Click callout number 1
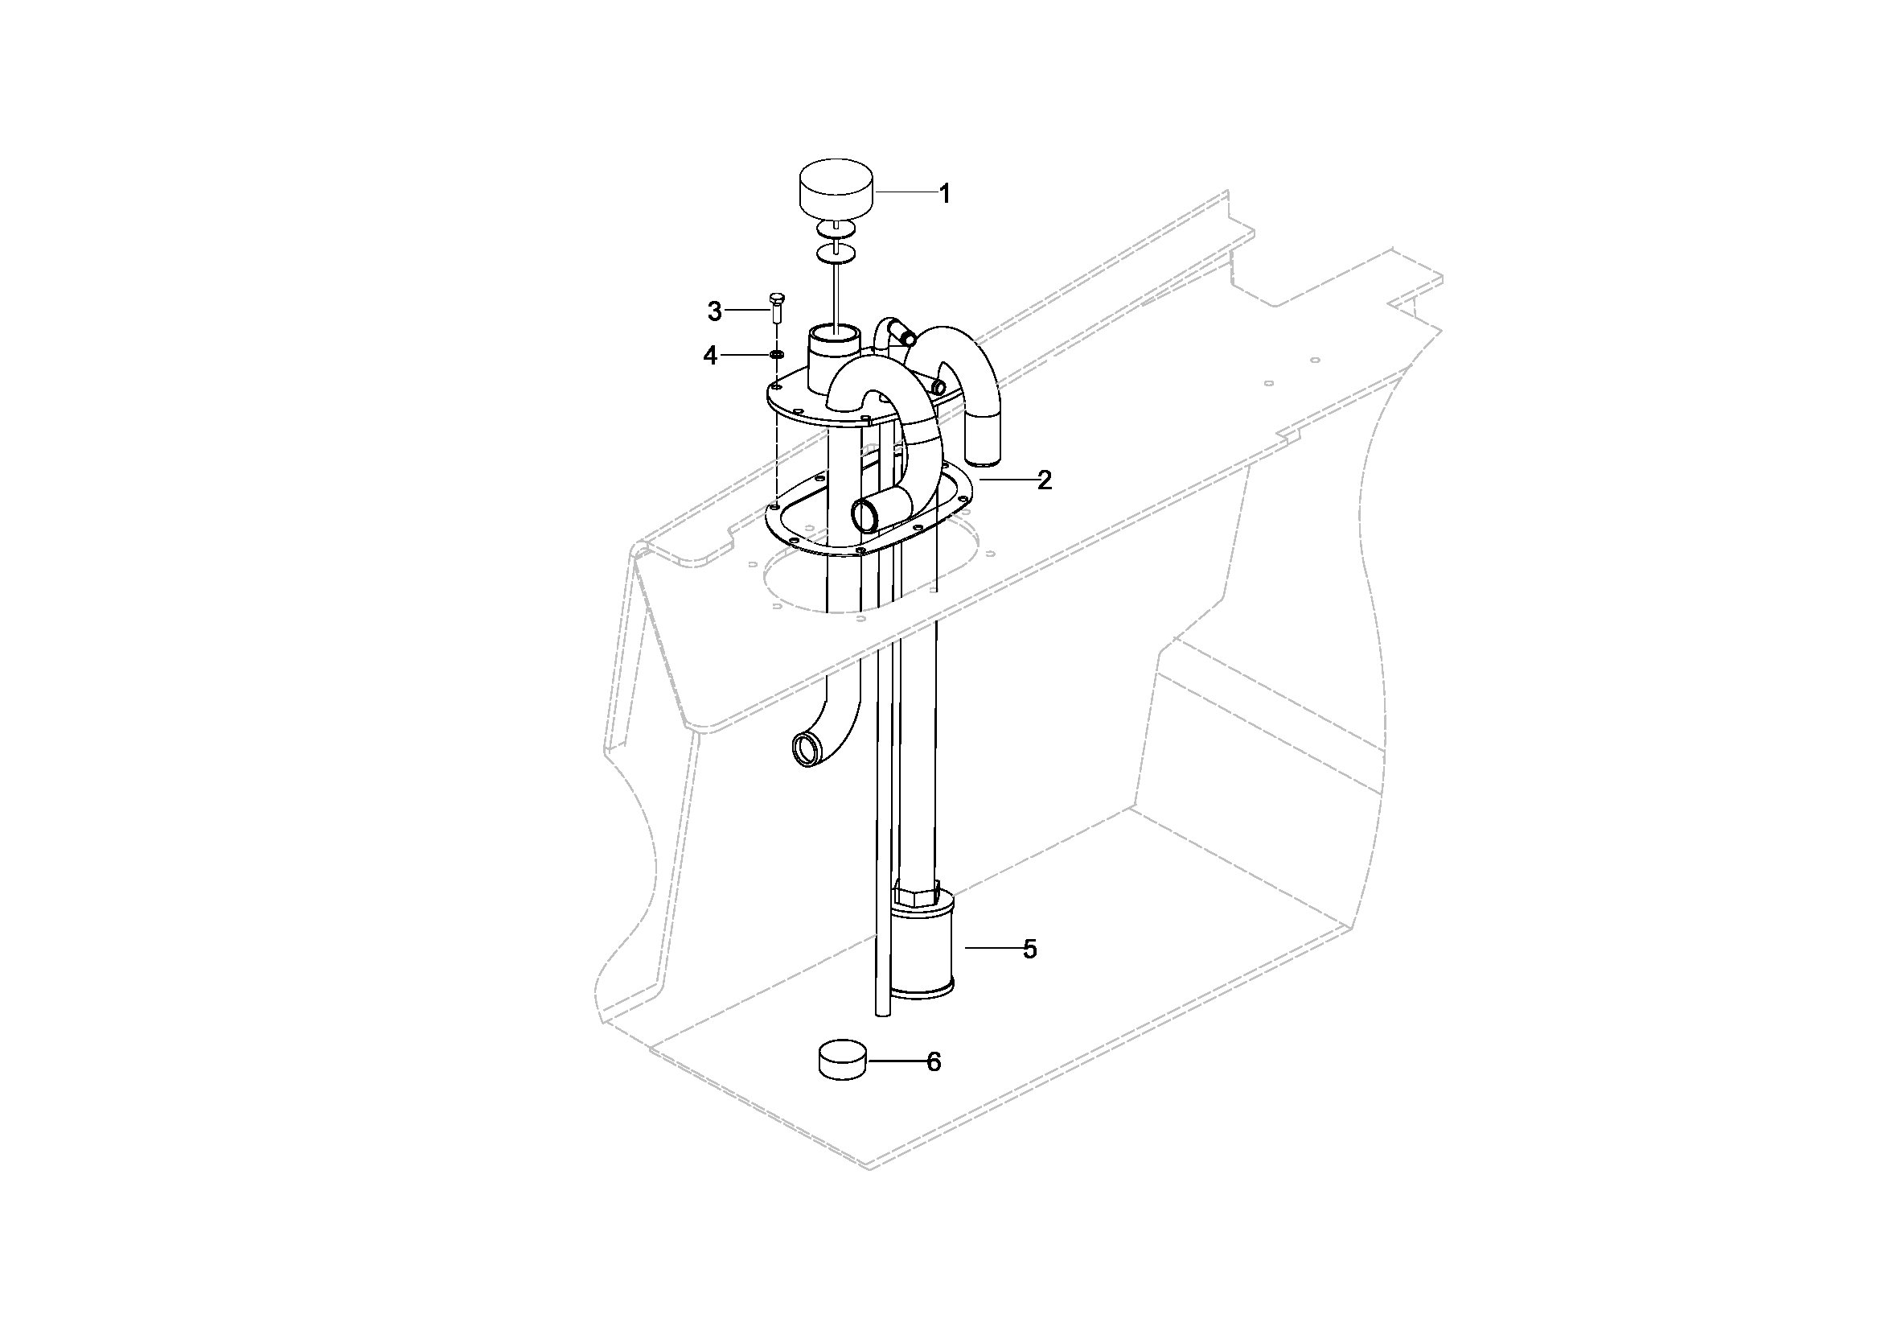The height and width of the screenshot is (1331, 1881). pyautogui.click(x=945, y=194)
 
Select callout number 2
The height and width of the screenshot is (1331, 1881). pyautogui.click(x=1044, y=480)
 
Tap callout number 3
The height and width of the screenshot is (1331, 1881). pyautogui.click(x=714, y=311)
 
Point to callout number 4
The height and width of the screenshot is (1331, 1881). pyautogui.click(x=710, y=356)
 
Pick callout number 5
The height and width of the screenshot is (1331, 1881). pyautogui.click(x=1030, y=949)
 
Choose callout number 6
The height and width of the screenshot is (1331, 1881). pyautogui.click(x=934, y=1062)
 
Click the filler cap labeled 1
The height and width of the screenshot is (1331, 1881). pyautogui.click(x=835, y=189)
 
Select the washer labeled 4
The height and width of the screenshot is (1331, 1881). pyautogui.click(x=776, y=354)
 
